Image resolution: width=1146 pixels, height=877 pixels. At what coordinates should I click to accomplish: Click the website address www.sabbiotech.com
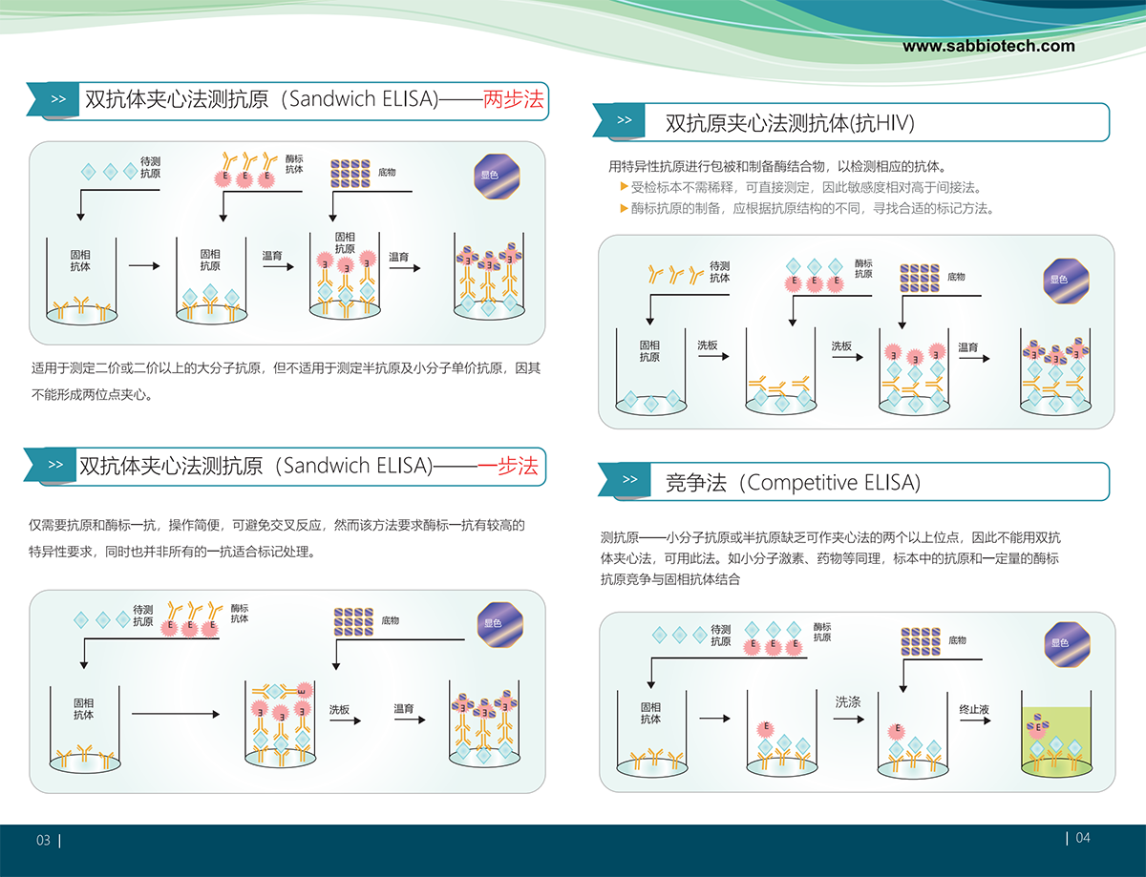[988, 46]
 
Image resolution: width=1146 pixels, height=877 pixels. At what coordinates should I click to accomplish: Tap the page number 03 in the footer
[43, 841]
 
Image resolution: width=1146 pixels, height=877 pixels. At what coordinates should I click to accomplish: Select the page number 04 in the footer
[1083, 838]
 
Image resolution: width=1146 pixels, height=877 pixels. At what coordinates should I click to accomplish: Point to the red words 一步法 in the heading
[507, 466]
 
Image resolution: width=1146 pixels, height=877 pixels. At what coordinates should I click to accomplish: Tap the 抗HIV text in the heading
[883, 122]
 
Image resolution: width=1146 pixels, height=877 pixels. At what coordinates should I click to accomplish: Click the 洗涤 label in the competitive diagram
[848, 701]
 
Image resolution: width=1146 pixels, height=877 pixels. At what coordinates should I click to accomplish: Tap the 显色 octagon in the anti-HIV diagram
[1058, 279]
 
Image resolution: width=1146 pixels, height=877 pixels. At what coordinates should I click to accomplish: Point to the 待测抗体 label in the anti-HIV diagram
[719, 272]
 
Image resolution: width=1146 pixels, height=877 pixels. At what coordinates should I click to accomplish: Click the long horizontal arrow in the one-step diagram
[178, 712]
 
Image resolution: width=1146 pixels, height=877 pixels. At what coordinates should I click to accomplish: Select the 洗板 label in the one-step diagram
[340, 710]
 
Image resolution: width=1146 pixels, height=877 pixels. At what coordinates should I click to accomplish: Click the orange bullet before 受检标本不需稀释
[624, 187]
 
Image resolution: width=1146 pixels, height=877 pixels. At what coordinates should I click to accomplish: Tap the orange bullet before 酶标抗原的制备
[624, 208]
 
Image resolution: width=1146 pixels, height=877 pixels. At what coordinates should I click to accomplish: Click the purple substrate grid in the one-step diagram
[352, 620]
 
